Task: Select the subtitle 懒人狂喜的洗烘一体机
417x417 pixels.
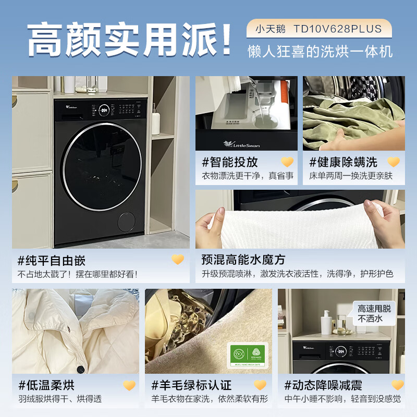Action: (x=320, y=52)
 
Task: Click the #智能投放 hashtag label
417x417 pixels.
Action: (x=230, y=162)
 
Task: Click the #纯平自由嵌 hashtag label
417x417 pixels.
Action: (x=51, y=260)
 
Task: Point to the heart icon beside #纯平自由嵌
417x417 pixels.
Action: (x=178, y=260)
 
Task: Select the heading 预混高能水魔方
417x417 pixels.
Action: (x=243, y=259)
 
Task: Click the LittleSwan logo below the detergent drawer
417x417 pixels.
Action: (x=239, y=143)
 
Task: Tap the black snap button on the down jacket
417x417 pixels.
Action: (x=80, y=370)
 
